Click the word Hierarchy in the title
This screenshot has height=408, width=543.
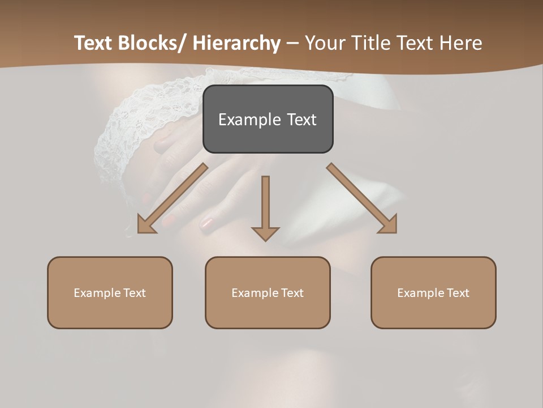click(x=236, y=43)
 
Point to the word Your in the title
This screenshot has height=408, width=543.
click(x=324, y=43)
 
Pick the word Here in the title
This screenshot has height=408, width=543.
click(x=460, y=43)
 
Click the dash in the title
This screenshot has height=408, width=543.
click(x=292, y=44)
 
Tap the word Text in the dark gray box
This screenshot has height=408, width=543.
click(x=301, y=120)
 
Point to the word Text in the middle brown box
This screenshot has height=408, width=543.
click(x=291, y=293)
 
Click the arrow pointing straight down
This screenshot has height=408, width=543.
click(x=265, y=210)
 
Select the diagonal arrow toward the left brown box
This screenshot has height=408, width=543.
click(x=170, y=199)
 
